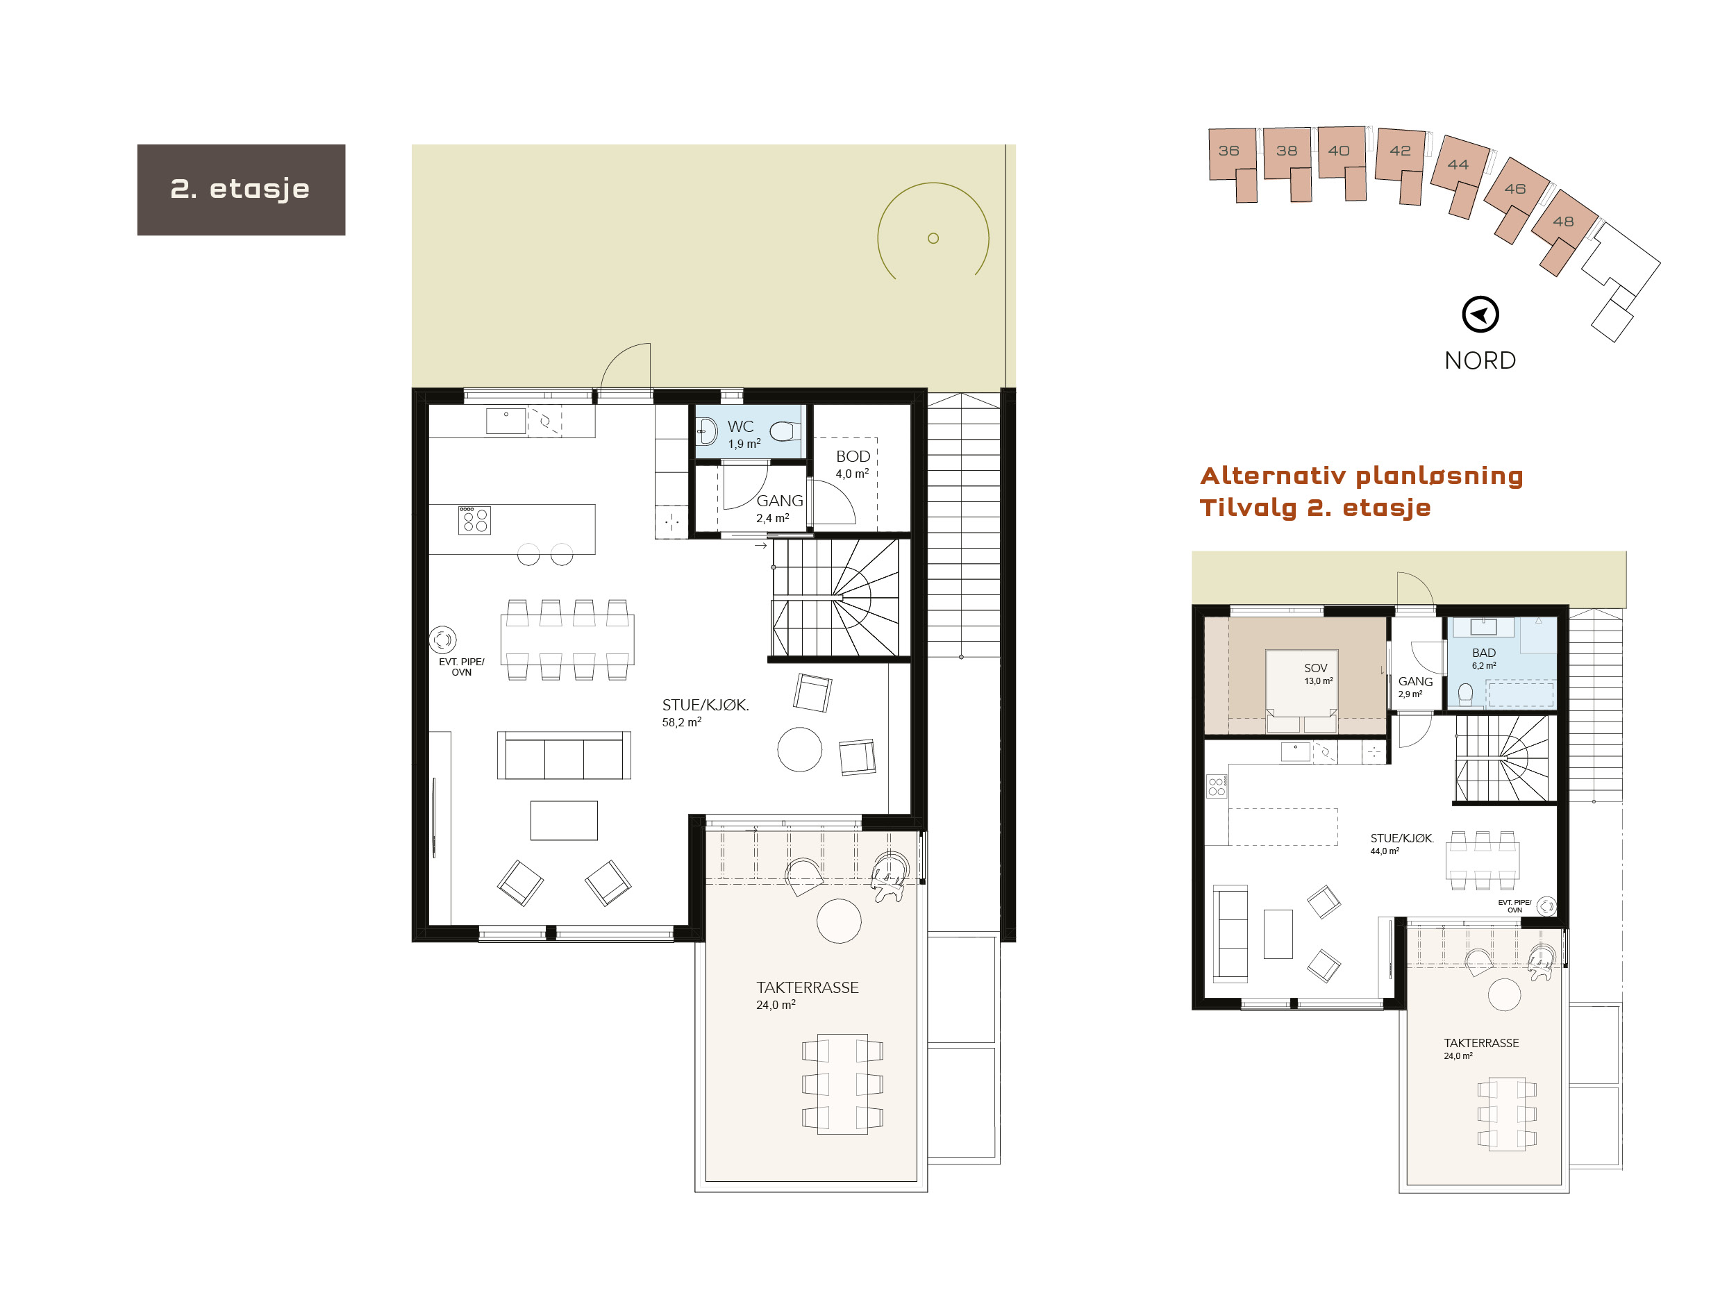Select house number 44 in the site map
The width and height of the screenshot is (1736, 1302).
(1458, 165)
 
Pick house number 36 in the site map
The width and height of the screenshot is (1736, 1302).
(1229, 151)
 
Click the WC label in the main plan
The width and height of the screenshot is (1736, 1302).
(740, 426)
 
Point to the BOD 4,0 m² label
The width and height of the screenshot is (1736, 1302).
(852, 464)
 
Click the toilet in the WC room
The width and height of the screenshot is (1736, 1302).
(783, 431)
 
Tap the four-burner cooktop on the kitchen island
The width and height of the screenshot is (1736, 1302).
(474, 520)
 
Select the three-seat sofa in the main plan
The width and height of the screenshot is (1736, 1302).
(563, 756)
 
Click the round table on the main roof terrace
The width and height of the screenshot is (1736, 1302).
(839, 921)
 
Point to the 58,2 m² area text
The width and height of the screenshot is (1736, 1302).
(681, 722)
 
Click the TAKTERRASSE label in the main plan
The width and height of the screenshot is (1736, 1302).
(807, 987)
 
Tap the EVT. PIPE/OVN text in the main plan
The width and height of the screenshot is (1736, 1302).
(462, 667)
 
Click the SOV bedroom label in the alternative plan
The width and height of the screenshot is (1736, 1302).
(1316, 669)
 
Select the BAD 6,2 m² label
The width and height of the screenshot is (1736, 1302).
(1483, 658)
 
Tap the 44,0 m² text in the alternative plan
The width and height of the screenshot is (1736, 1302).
(1385, 851)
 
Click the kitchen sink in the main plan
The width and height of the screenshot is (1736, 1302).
(506, 422)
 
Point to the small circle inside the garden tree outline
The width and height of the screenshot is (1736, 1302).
(933, 239)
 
